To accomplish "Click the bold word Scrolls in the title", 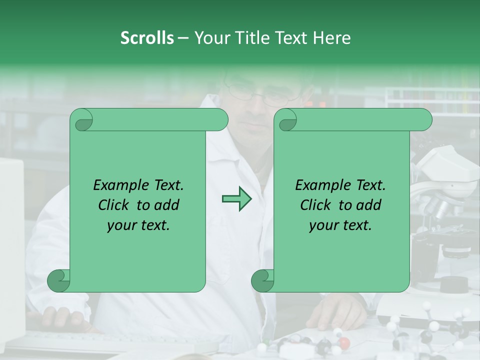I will [147, 38].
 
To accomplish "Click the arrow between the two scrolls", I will [236, 199].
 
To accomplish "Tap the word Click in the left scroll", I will [114, 205].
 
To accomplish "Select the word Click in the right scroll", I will [316, 205].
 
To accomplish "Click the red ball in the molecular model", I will [344, 343].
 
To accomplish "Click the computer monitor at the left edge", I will [11, 240].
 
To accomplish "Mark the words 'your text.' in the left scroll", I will [138, 225].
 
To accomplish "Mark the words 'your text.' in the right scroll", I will [340, 225].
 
